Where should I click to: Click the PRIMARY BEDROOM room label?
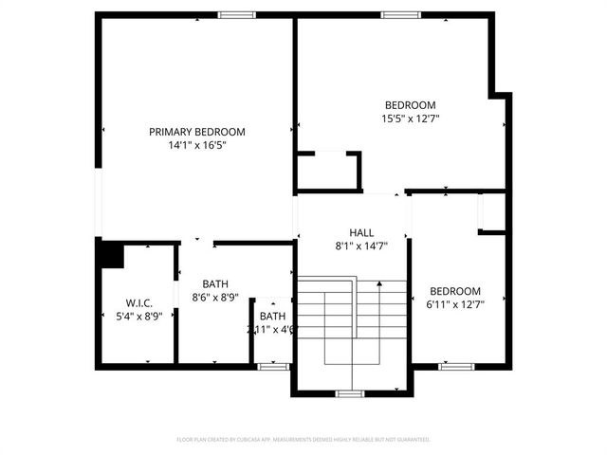196,132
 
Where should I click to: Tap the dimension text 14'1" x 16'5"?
196,145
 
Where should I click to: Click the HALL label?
361,232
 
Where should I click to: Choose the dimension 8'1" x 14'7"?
361,246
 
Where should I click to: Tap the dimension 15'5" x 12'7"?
410,118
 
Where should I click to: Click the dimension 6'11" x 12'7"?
455,304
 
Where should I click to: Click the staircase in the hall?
352,322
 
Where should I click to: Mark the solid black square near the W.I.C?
111,255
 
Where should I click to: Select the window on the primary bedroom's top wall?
237,14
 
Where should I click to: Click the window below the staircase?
350,392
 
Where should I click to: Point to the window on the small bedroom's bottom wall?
456,365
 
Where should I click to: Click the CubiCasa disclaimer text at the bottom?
303,440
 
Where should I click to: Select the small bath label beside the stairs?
272,317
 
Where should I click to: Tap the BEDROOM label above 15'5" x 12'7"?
410,105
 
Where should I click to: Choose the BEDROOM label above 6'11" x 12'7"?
455,291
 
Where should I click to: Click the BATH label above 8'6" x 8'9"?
215,283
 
